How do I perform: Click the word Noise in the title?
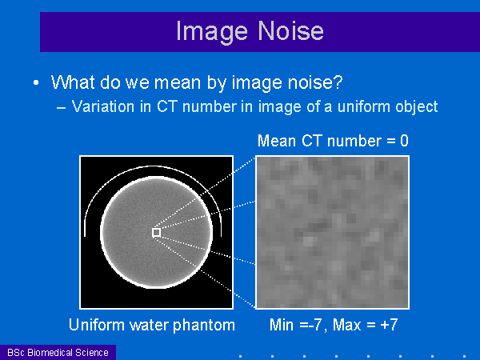pyautogui.click(x=290, y=30)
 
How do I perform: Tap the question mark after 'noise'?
pyautogui.click(x=338, y=82)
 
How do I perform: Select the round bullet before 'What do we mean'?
pyautogui.click(x=36, y=82)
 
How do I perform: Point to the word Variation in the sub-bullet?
pyautogui.click(x=103, y=106)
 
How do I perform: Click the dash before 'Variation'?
pyautogui.click(x=61, y=108)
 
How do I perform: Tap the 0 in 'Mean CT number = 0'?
pyautogui.click(x=404, y=141)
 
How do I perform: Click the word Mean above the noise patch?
pyautogui.click(x=277, y=141)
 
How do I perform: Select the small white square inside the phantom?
pyautogui.click(x=157, y=233)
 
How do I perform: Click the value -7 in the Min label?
pyautogui.click(x=315, y=325)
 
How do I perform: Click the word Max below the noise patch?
pyautogui.click(x=346, y=325)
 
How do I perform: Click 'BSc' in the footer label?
pyautogui.click(x=16, y=352)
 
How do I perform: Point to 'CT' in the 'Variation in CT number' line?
pyautogui.click(x=167, y=106)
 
